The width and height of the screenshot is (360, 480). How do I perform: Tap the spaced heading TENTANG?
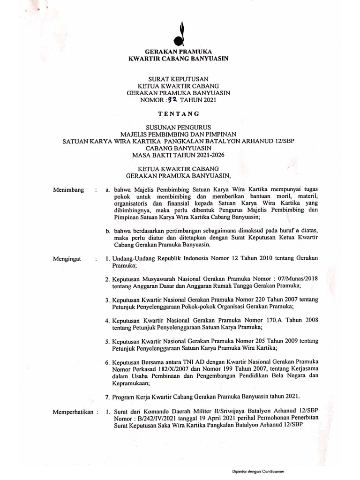[x=179, y=113]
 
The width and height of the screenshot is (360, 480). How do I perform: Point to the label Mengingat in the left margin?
[x=68, y=258]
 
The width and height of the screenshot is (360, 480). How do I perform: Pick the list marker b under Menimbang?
[x=107, y=231]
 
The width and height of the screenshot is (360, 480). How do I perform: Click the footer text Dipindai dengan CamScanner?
[x=258, y=472]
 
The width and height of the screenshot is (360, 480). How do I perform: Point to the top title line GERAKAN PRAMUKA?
[x=179, y=52]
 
